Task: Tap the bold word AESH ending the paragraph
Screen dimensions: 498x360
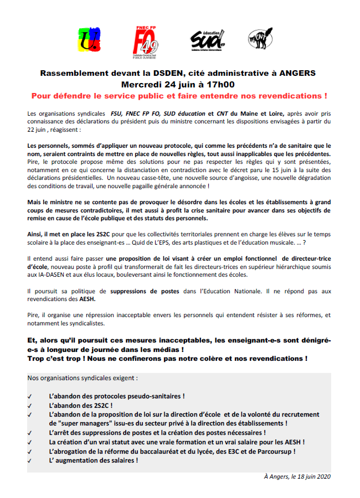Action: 86,299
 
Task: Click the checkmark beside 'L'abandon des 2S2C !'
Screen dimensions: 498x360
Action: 29,405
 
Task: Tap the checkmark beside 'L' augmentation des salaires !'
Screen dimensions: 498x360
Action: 29,460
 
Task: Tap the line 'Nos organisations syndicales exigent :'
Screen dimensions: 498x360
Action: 83,379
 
